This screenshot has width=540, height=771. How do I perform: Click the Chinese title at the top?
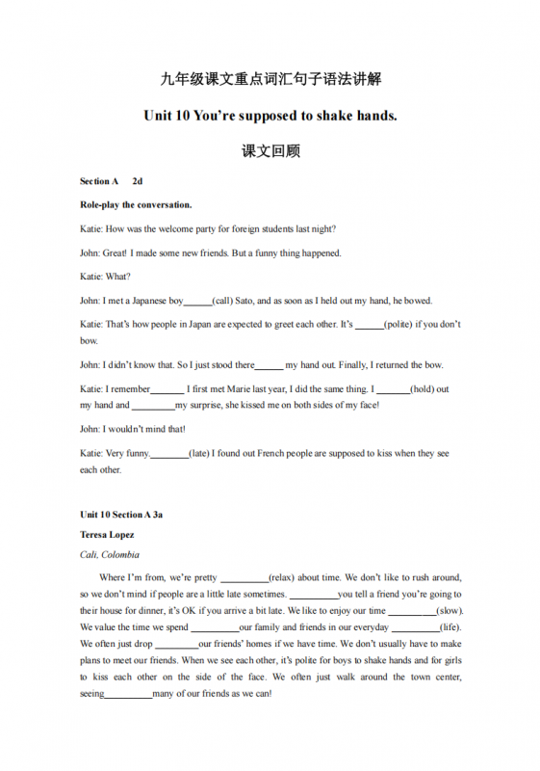(x=270, y=79)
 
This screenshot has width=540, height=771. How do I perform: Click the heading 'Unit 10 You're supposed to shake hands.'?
(x=270, y=116)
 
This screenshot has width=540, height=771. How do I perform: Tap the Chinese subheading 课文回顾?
(x=270, y=151)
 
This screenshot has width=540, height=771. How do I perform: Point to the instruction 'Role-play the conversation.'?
(x=136, y=204)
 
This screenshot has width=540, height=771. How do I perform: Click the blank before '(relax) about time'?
(x=244, y=578)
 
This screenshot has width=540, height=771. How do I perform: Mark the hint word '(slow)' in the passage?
(x=449, y=611)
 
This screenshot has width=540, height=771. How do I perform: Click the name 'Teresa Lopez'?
(x=107, y=534)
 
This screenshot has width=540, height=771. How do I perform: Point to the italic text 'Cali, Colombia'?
(x=109, y=554)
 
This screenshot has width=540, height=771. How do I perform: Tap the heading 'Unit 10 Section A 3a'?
(x=121, y=515)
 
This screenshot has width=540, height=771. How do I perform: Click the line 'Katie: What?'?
(x=105, y=277)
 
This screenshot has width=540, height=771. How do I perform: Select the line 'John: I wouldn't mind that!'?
(x=132, y=429)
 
